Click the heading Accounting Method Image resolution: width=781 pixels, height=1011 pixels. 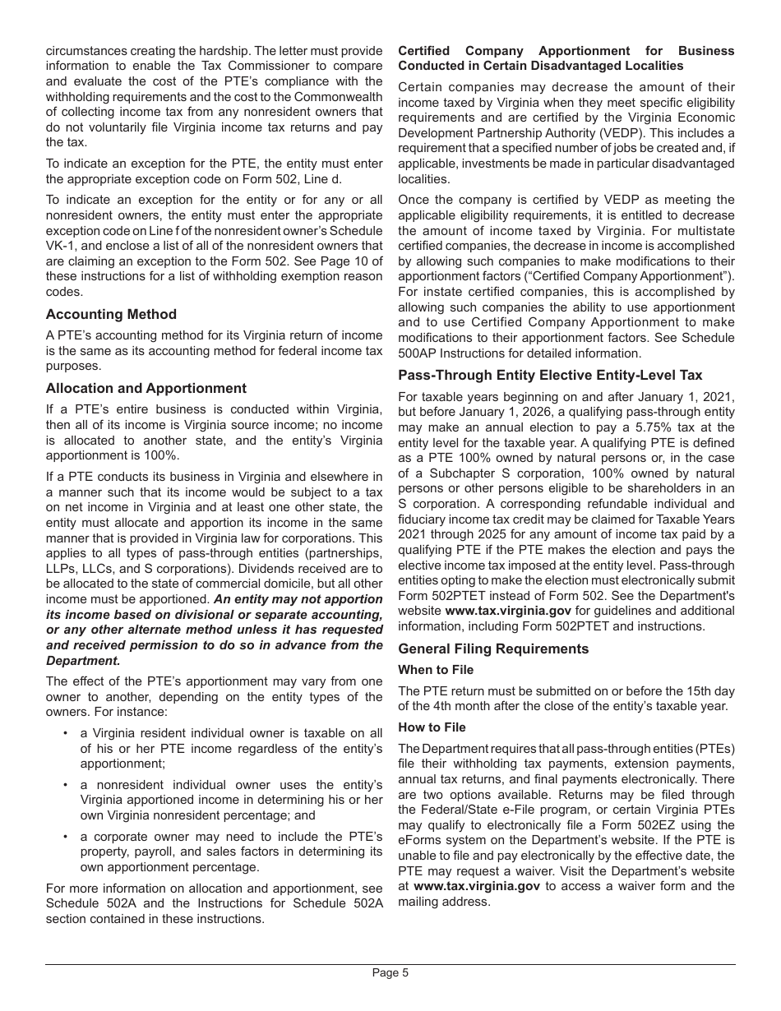[x=111, y=314]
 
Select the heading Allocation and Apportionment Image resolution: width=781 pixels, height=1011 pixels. [x=146, y=388]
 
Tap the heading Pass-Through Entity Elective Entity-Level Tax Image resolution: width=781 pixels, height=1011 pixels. [x=550, y=375]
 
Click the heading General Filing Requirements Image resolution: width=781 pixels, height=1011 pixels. [x=493, y=649]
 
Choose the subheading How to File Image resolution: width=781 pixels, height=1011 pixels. [x=432, y=727]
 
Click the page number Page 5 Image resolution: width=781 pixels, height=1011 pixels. [x=390, y=972]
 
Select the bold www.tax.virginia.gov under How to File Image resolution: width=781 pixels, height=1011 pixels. [x=477, y=886]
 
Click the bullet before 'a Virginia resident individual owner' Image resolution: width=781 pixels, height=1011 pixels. [x=64, y=733]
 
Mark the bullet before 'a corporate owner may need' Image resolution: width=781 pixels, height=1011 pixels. [x=64, y=837]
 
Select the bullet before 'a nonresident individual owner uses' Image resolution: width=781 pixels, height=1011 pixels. [x=64, y=785]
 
